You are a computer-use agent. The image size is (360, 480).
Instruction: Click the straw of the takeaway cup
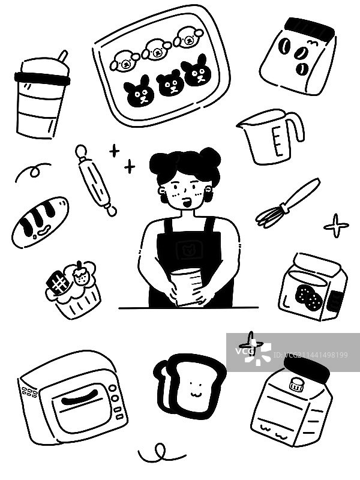coord(63,56)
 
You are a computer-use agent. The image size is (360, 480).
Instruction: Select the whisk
coord(287,203)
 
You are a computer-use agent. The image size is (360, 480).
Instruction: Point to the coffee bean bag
coord(298,56)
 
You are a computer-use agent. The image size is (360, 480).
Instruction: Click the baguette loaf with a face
coord(40,221)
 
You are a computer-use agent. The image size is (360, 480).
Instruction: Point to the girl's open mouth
coord(187,202)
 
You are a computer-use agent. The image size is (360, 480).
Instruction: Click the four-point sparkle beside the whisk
coord(336,226)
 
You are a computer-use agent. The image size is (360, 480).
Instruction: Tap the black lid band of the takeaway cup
coord(42,79)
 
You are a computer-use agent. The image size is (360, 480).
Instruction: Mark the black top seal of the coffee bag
coord(310,27)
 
